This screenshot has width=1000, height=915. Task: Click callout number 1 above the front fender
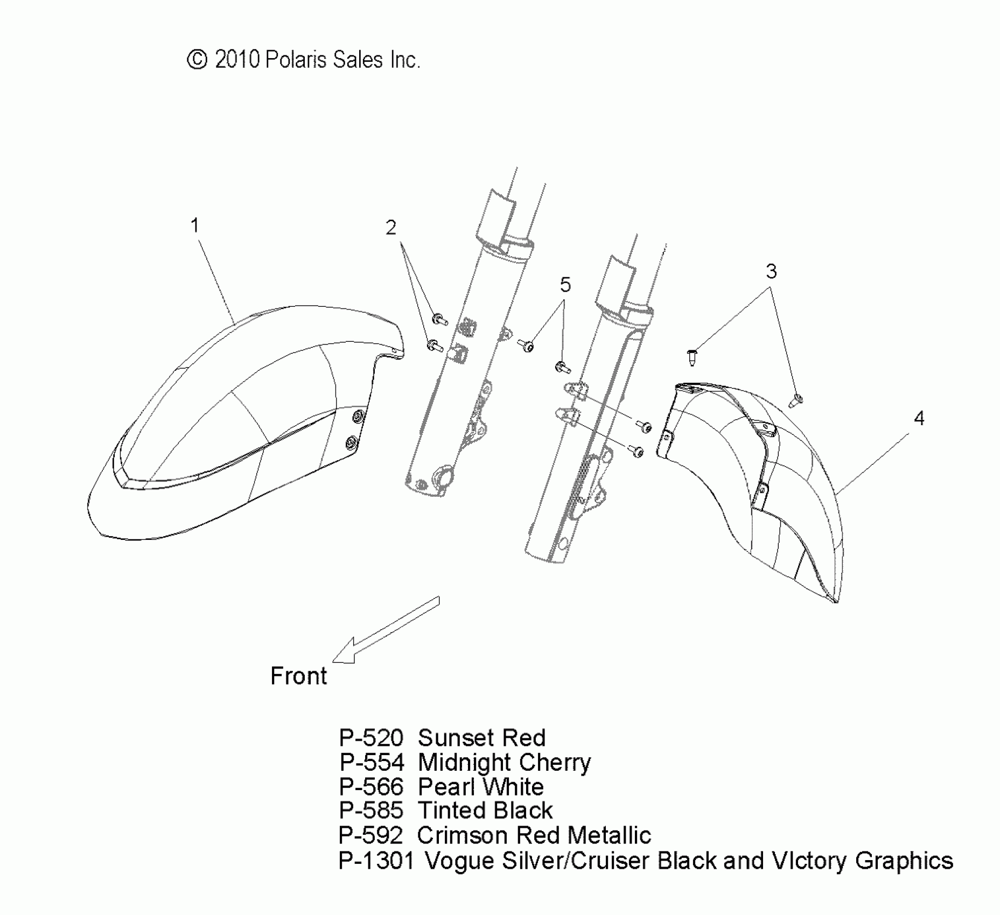point(195,225)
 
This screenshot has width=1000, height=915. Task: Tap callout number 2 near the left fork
point(391,228)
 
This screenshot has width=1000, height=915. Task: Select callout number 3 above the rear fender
point(771,271)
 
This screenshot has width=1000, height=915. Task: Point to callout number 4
point(919,418)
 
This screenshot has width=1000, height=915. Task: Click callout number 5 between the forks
point(565,284)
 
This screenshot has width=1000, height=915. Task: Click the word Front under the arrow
point(298,676)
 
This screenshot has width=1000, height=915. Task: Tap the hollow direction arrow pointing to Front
point(385,630)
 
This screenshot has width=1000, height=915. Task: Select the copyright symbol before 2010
point(197,60)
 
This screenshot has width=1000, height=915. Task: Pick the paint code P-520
point(371,738)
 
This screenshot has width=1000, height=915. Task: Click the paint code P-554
point(372,763)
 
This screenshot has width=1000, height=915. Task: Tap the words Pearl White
point(480,787)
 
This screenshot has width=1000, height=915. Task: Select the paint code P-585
point(371,811)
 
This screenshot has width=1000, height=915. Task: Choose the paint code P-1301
point(376,861)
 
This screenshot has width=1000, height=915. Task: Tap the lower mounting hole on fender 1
point(352,443)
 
